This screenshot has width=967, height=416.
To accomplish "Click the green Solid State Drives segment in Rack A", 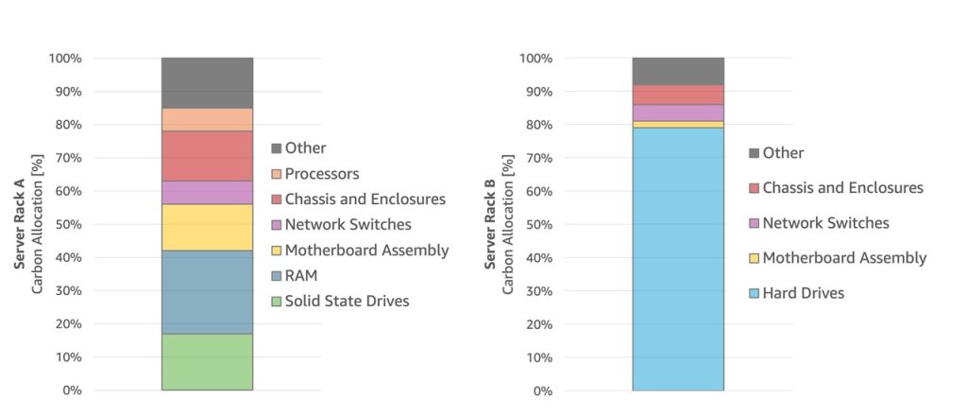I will pyautogui.click(x=207, y=362).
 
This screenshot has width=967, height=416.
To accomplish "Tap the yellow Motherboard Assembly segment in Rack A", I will pyautogui.click(x=207, y=227).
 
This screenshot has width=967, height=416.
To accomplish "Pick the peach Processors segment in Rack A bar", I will pyautogui.click(x=207, y=119).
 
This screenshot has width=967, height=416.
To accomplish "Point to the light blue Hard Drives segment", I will pyautogui.click(x=678, y=259).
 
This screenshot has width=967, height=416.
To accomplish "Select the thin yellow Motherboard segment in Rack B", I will pyautogui.click(x=678, y=124).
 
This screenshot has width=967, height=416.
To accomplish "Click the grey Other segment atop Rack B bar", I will pyautogui.click(x=678, y=71).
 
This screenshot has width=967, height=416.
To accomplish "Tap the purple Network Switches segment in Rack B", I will pyautogui.click(x=678, y=113).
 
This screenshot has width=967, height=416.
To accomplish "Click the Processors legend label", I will pyautogui.click(x=322, y=174).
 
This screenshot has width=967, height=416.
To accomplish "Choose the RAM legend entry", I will pyautogui.click(x=302, y=276).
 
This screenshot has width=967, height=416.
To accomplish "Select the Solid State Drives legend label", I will pyautogui.click(x=348, y=302).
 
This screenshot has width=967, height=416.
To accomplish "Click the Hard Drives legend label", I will pyautogui.click(x=803, y=293).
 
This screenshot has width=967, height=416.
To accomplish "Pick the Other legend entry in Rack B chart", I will pyautogui.click(x=783, y=153).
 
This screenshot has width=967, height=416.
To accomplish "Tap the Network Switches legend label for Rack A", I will pyautogui.click(x=348, y=225).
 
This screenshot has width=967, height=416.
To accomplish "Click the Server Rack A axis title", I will pyautogui.click(x=20, y=224).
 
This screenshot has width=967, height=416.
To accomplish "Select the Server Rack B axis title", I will pyautogui.click(x=491, y=224).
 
